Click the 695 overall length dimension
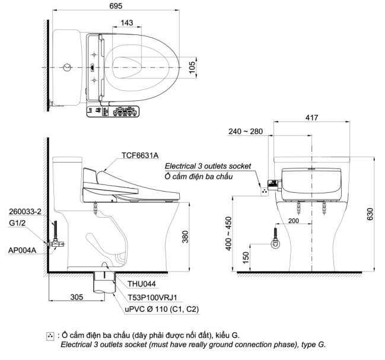pyautogui.click(x=117, y=5)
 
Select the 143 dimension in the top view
pyautogui.click(x=126, y=23)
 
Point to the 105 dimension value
pyautogui.click(x=192, y=67)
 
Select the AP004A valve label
pyautogui.click(x=23, y=250)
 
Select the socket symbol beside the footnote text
pyautogui.click(x=50, y=336)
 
